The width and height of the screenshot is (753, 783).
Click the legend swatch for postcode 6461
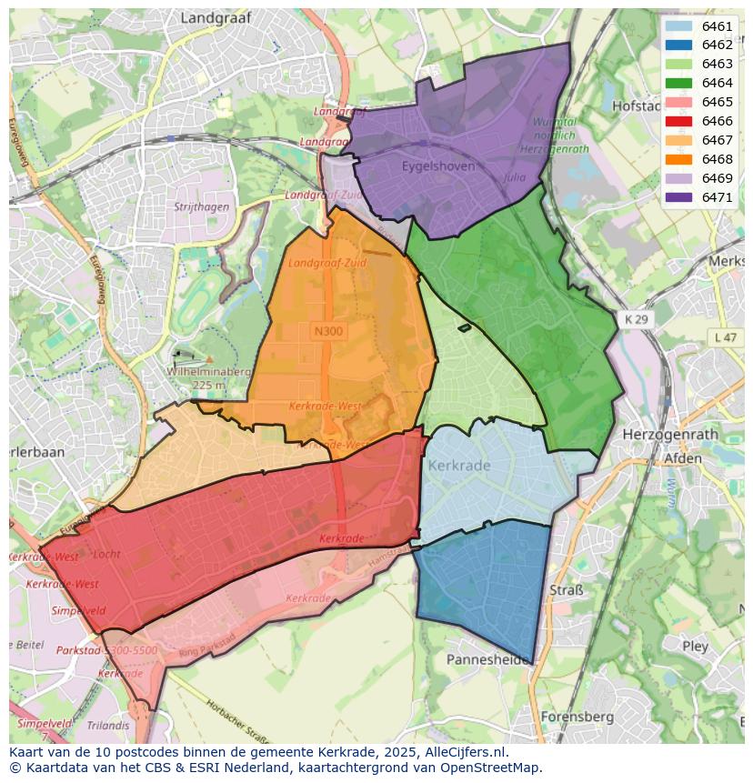tap(678, 26)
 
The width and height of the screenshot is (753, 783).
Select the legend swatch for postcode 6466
tap(678, 121)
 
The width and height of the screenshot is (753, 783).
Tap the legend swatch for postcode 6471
tap(678, 197)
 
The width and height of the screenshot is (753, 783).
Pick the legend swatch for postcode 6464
tap(678, 84)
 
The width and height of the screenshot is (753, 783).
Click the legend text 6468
tap(717, 159)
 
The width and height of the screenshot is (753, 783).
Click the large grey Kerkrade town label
tap(458, 466)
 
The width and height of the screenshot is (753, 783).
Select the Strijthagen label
tap(201, 207)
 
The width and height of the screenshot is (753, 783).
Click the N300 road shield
tap(328, 331)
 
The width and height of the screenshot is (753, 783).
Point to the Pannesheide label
tap(488, 659)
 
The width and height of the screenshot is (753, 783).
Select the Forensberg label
tap(577, 717)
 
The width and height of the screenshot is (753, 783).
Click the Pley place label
tap(695, 647)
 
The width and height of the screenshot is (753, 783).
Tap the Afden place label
tap(683, 458)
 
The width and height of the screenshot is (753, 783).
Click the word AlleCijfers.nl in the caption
tap(466, 753)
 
